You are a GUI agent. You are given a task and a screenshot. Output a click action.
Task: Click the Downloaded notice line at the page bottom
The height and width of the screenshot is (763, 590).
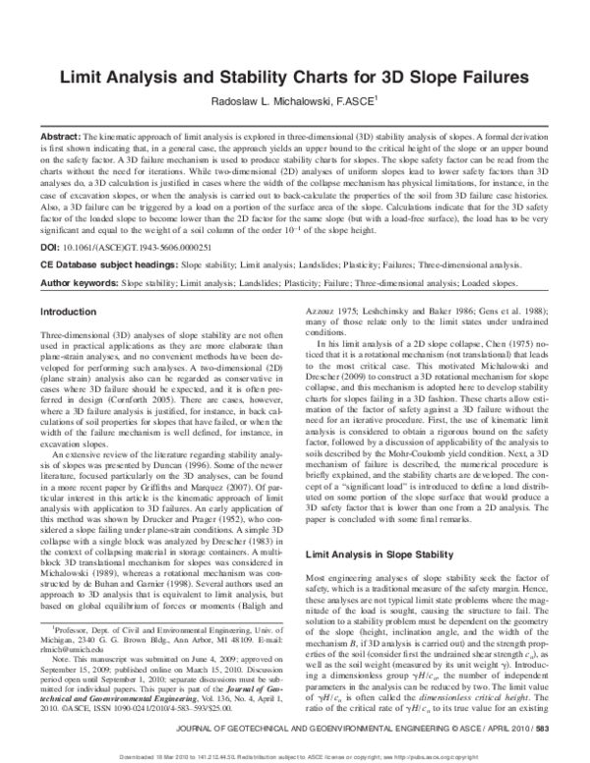[295, 756]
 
